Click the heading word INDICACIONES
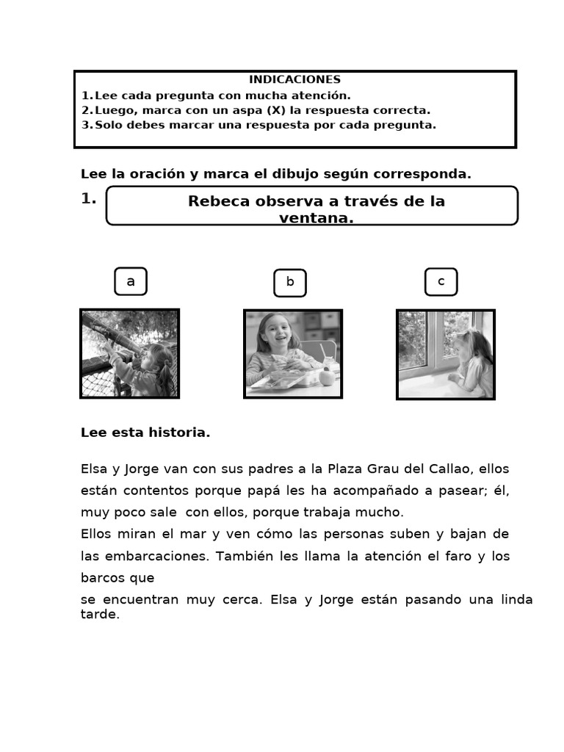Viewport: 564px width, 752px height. point(294,79)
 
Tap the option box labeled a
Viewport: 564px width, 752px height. point(131,281)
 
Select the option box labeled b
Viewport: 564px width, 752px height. point(290,283)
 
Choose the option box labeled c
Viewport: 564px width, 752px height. point(441,282)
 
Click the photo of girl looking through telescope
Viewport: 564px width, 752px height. point(129,353)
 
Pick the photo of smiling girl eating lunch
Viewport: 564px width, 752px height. point(293,353)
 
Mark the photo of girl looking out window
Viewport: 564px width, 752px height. point(446,354)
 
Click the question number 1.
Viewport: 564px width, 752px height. point(88,198)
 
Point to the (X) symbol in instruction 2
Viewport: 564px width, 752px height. point(275,110)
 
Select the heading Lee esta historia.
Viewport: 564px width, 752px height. point(145,433)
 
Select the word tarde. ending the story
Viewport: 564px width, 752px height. point(100,615)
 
